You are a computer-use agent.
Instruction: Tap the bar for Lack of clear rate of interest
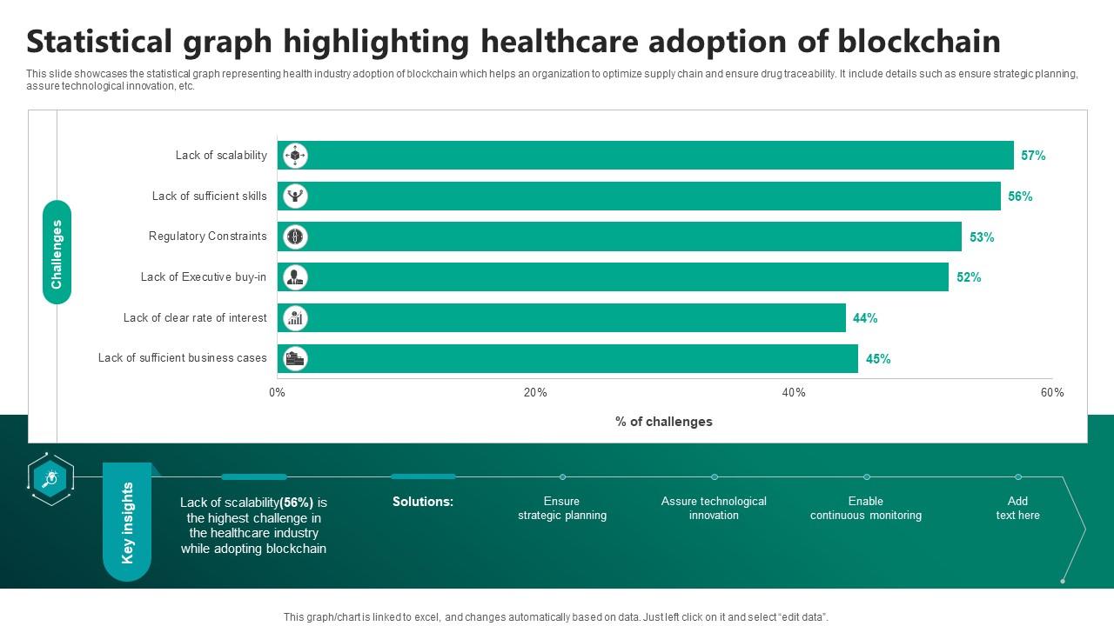(561, 318)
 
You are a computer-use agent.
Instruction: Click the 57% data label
(1033, 156)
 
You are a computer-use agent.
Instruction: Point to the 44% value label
(865, 318)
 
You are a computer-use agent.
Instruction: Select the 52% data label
(969, 277)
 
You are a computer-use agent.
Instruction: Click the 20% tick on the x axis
(535, 393)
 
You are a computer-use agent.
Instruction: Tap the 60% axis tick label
(1051, 393)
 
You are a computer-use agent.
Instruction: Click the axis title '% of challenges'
(663, 422)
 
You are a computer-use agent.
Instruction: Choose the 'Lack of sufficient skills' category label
(209, 196)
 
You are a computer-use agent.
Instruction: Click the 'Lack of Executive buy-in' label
(204, 277)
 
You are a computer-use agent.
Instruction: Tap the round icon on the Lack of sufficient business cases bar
(296, 358)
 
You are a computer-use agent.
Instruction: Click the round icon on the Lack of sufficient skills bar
(296, 196)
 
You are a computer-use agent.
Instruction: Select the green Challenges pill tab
(57, 253)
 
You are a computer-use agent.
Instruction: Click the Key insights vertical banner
(127, 523)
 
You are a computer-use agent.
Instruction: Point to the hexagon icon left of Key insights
(50, 478)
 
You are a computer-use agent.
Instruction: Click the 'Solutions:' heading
(423, 502)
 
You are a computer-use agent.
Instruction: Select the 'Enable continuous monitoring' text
(865, 509)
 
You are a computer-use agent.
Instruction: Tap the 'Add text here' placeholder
(1017, 509)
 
